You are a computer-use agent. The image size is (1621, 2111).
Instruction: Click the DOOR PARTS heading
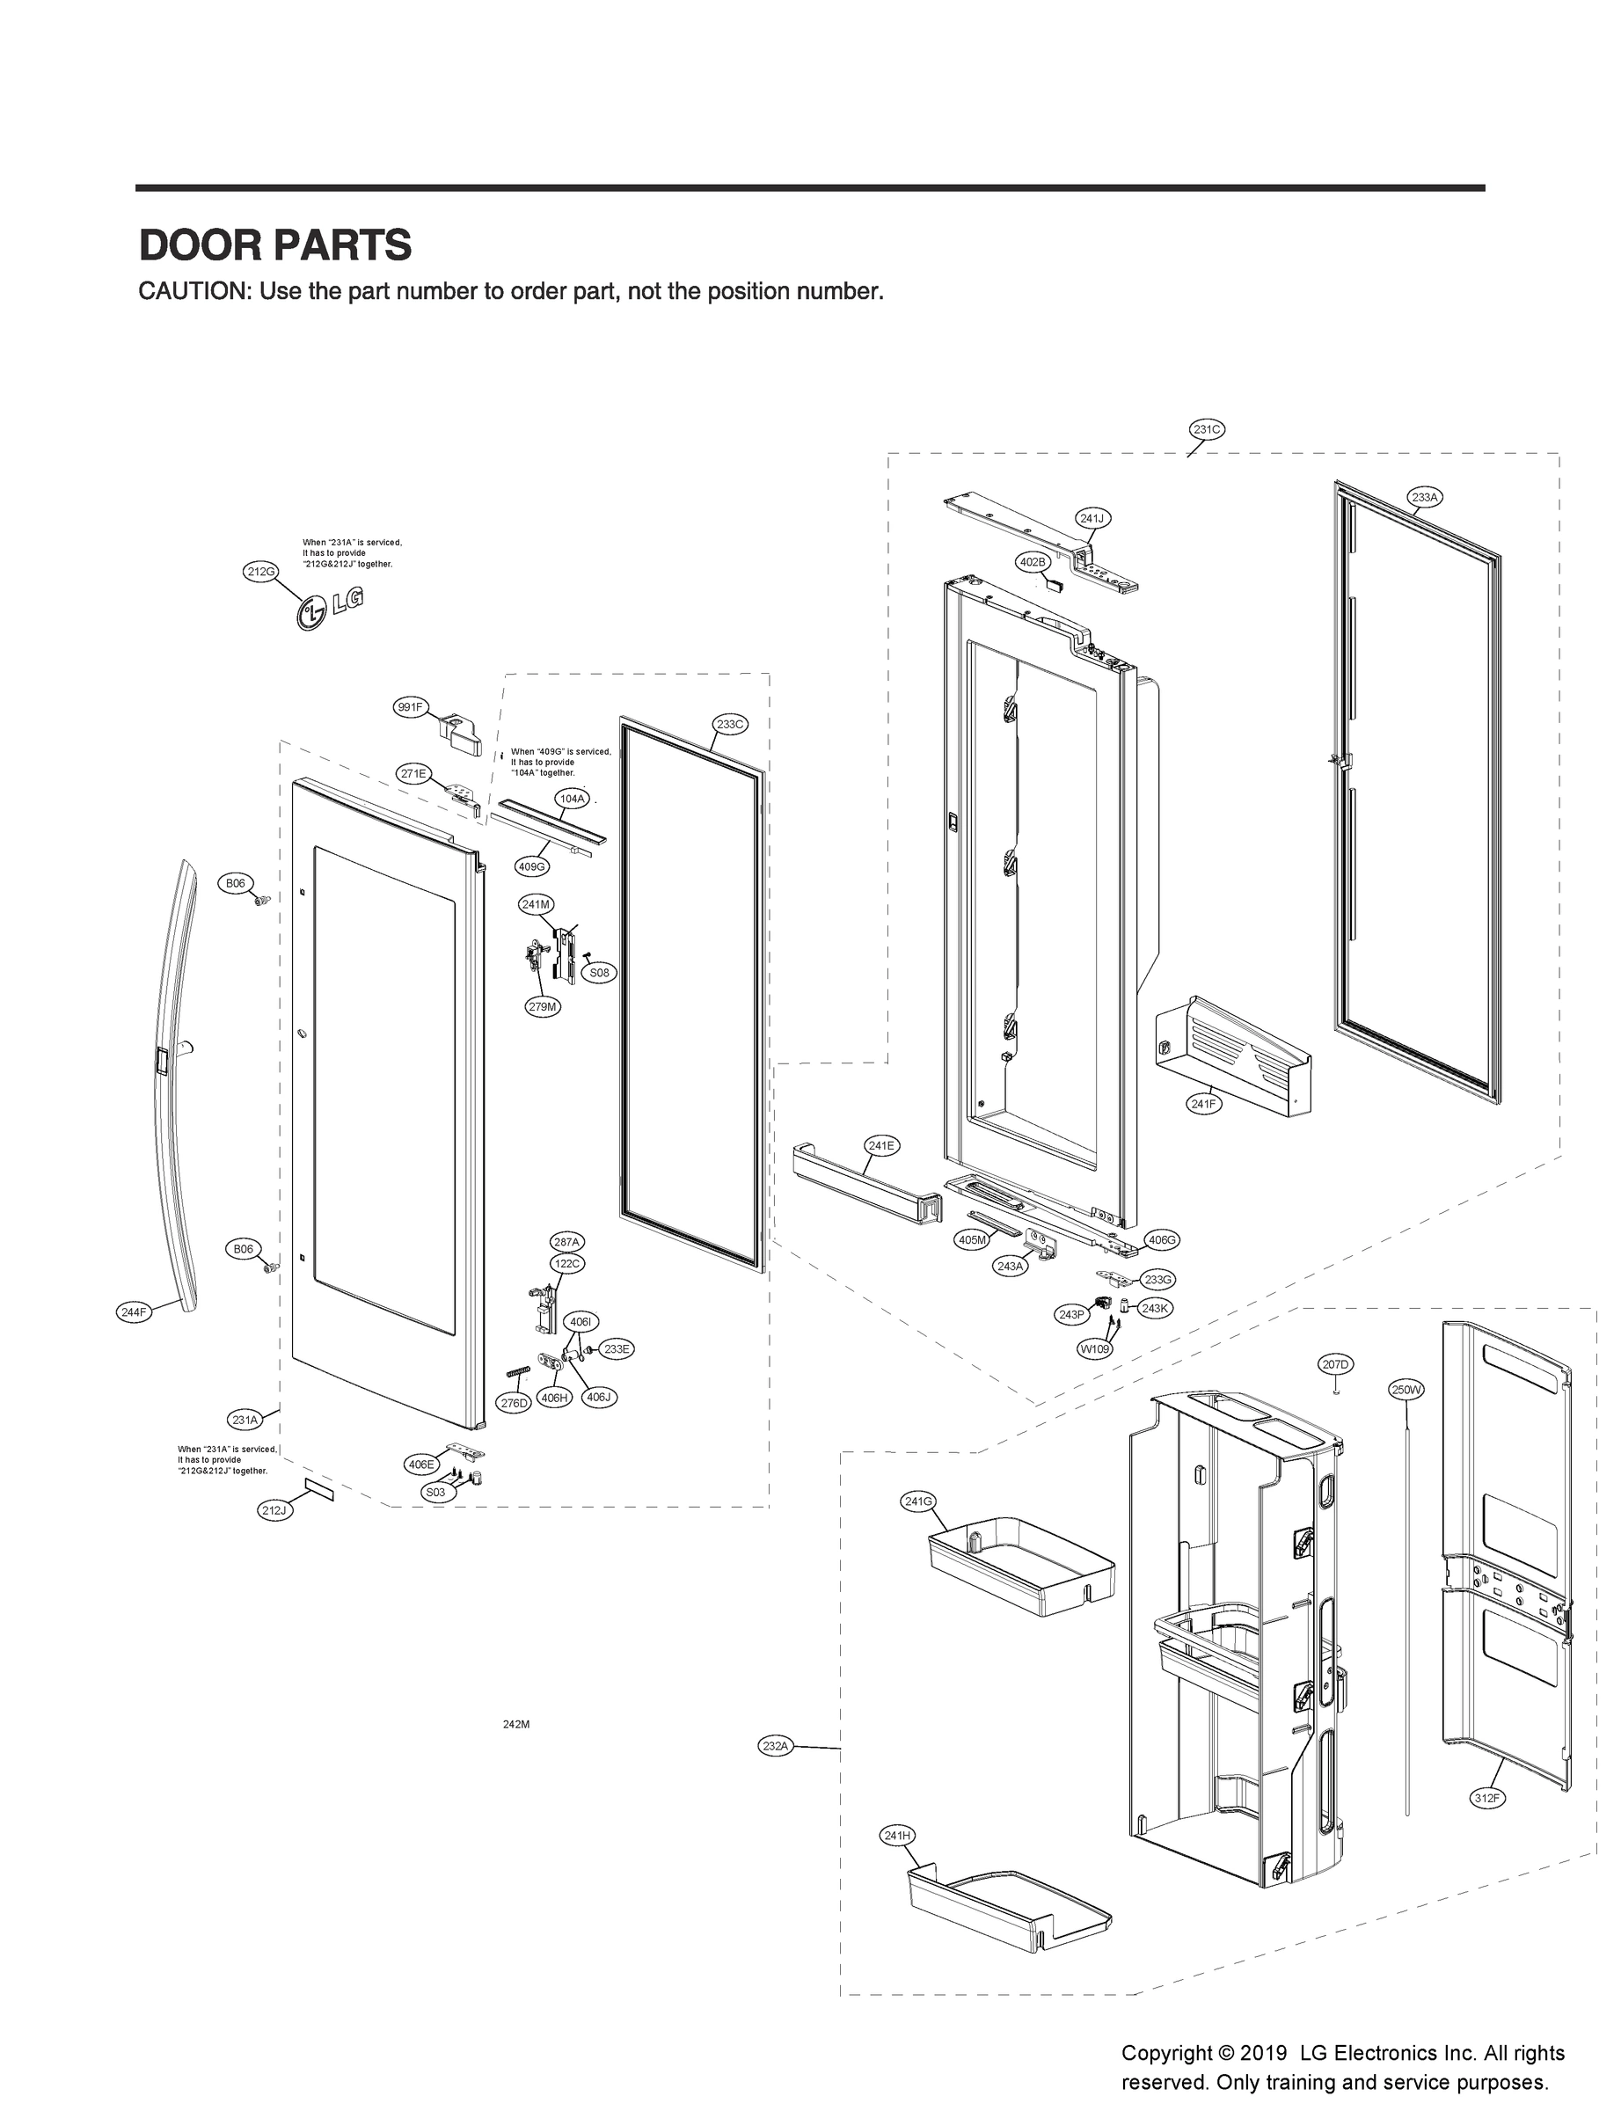click(275, 245)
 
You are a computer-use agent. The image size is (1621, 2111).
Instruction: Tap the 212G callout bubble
click(260, 571)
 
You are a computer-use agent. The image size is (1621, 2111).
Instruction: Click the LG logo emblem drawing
click(330, 609)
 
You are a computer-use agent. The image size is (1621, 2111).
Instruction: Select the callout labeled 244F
click(134, 1311)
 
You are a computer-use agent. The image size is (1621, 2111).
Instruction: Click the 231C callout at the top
click(1206, 429)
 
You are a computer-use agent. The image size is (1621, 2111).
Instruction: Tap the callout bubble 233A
click(1424, 497)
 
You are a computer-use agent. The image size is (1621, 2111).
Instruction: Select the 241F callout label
click(1203, 1104)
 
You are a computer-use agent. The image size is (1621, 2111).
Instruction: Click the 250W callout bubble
click(1406, 1390)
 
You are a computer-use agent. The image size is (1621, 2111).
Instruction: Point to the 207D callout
click(1335, 1363)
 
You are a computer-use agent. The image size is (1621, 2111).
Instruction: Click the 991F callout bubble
click(410, 707)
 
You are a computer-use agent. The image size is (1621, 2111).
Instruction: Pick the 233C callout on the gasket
click(729, 724)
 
